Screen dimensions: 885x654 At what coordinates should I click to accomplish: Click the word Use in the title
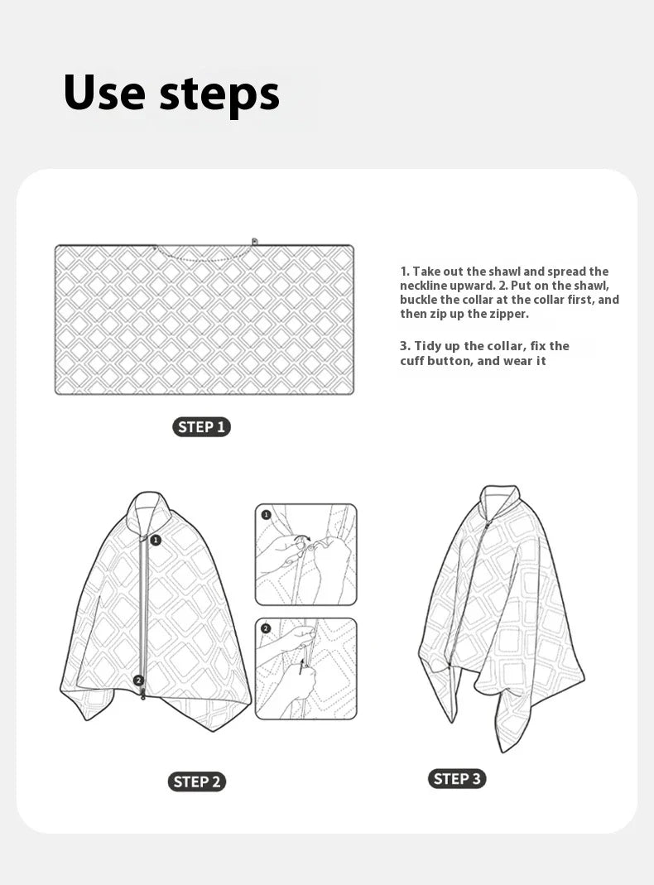[103, 92]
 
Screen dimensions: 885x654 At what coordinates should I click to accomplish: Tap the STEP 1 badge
[201, 427]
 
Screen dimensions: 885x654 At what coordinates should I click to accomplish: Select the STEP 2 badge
[196, 782]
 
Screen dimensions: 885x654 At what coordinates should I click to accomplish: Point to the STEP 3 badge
[457, 778]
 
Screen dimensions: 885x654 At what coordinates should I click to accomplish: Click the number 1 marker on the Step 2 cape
[156, 540]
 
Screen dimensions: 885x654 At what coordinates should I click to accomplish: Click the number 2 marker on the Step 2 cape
[138, 681]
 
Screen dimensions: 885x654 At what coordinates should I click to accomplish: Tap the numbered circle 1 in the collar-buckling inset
[267, 514]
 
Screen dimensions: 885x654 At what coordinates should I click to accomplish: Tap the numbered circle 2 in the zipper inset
[266, 628]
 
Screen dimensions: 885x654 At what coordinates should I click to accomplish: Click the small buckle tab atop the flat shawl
[255, 242]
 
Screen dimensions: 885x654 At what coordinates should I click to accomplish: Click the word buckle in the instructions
[420, 300]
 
